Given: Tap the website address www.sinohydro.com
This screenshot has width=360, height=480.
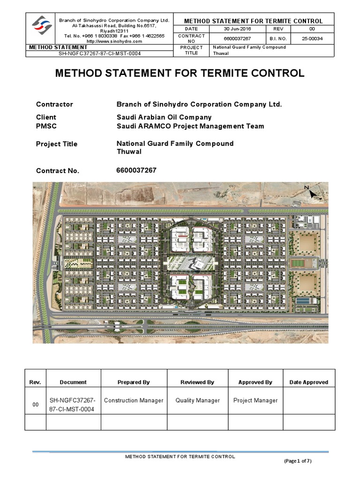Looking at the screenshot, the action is tap(115, 41).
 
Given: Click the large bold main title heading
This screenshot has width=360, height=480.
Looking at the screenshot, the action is tap(180, 74).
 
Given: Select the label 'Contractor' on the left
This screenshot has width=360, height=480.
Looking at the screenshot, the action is tap(54, 105).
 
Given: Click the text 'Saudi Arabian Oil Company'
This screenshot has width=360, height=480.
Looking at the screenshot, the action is tap(164, 117).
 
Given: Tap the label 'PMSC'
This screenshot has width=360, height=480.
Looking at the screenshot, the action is tap(46, 126).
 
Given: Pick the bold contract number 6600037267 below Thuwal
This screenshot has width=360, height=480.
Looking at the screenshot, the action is tap(136, 170).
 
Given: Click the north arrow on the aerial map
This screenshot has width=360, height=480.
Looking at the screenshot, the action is tap(311, 193).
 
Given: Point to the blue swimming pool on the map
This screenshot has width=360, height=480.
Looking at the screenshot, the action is tap(303, 300).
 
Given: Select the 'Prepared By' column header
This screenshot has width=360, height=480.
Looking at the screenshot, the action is tap(134, 382).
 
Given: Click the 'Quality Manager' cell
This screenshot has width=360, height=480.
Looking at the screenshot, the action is tap(197, 401).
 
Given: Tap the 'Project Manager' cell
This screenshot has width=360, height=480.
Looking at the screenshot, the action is tap(255, 401).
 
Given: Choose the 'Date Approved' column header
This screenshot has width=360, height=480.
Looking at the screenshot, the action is tap(309, 382).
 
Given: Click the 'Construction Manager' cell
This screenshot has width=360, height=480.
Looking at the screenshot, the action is tap(134, 401).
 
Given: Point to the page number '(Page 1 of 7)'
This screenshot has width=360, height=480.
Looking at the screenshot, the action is tap(298, 461).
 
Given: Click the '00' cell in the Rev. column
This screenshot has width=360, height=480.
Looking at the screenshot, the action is tap(35, 405).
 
